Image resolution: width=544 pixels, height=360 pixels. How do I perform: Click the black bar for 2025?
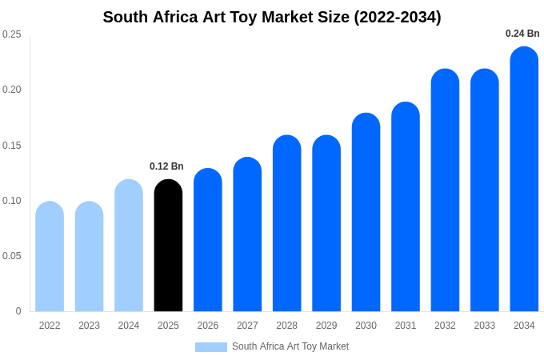[168, 246]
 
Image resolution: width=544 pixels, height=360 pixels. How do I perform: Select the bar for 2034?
[524, 180]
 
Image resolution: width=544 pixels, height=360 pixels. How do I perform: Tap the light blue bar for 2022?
[50, 257]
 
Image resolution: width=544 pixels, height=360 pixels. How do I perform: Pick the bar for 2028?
[286, 224]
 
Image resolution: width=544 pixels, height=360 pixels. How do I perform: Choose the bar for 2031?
[406, 207]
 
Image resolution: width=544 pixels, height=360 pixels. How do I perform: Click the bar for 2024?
[129, 246]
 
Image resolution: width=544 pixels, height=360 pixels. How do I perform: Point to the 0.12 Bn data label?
[166, 166]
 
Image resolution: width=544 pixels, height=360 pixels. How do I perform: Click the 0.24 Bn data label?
[522, 34]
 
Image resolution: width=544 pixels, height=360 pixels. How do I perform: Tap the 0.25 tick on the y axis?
[12, 34]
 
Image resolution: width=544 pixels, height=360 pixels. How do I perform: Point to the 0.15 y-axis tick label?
[12, 146]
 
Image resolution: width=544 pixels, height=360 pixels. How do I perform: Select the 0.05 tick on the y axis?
[12, 256]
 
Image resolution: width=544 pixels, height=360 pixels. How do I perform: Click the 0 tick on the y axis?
[18, 311]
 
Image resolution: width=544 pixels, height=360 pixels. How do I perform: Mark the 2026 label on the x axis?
[208, 326]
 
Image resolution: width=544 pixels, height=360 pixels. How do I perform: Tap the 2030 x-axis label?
[366, 326]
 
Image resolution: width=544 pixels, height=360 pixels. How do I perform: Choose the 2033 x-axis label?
[485, 326]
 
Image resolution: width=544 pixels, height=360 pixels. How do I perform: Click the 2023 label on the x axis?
[89, 326]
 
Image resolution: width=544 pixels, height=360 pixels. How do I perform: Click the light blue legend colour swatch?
[211, 347]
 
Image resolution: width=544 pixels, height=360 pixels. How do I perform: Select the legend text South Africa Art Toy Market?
[290, 346]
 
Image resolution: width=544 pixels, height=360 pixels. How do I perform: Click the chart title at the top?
[272, 17]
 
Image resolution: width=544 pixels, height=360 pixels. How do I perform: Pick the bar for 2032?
[445, 191]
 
